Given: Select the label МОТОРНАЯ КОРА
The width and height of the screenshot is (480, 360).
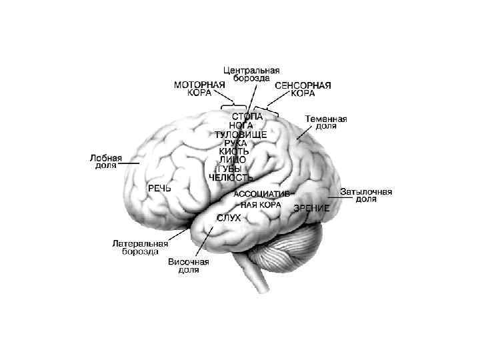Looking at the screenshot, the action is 199,89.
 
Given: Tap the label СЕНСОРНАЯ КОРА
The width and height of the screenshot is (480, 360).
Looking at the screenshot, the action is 303,89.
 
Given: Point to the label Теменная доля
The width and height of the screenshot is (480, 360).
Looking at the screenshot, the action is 326,122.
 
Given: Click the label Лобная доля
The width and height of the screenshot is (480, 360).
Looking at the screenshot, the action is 106,162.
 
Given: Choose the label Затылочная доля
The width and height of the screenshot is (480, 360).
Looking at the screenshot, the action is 366,195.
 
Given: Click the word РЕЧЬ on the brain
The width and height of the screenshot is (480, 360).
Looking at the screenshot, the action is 159,189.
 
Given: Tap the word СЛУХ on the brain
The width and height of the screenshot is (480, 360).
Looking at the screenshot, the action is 229,218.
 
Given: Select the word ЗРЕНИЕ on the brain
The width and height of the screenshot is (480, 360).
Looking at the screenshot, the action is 311,208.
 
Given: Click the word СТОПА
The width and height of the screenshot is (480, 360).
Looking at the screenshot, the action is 247,116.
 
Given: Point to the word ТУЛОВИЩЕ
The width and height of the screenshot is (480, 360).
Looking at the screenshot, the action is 241,134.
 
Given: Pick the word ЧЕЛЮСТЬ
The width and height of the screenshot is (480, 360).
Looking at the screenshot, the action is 231,177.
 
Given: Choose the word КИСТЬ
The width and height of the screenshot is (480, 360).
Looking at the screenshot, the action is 235,151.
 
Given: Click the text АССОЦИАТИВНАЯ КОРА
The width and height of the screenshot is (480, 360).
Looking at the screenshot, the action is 261,199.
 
